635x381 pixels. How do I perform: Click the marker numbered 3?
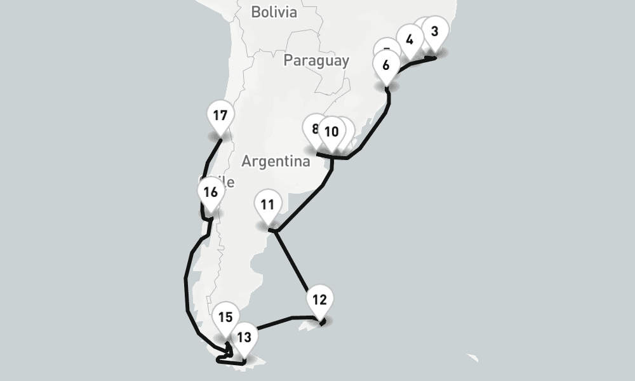(x=434, y=32)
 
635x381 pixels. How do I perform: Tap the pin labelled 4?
(x=410, y=40)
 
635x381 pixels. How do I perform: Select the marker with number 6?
(x=386, y=64)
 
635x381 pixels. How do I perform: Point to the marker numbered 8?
(x=314, y=129)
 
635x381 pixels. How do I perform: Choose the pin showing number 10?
(x=331, y=132)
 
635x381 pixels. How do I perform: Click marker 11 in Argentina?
(x=267, y=205)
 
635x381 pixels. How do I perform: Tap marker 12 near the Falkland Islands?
(x=319, y=300)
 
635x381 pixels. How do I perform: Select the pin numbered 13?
(x=244, y=337)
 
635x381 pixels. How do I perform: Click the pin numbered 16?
(x=211, y=192)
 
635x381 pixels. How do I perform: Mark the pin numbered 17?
(x=220, y=116)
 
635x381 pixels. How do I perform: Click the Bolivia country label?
(x=274, y=11)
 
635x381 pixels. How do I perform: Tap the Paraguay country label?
(x=316, y=60)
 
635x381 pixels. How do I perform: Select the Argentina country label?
(x=276, y=161)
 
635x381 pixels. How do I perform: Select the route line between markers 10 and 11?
(x=305, y=203)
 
